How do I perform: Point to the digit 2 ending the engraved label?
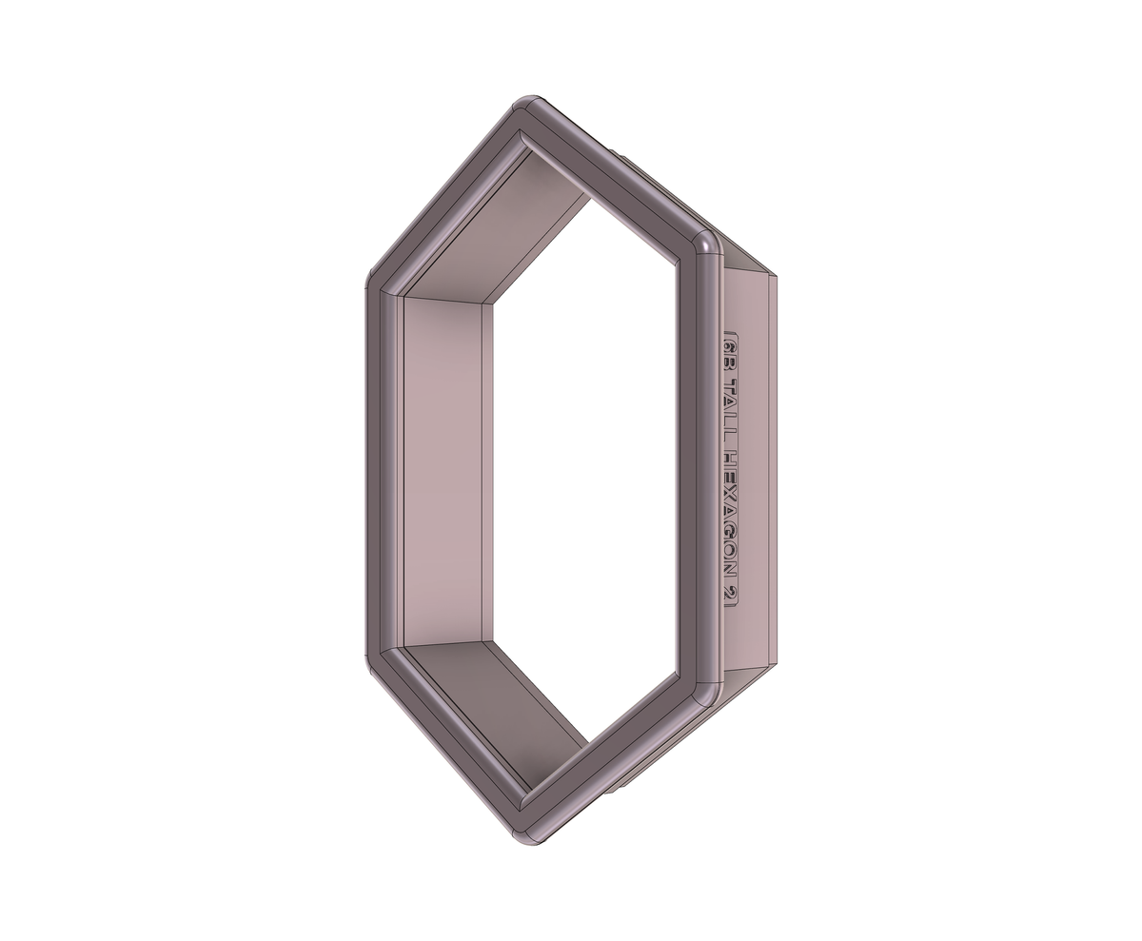pos(730,594)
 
